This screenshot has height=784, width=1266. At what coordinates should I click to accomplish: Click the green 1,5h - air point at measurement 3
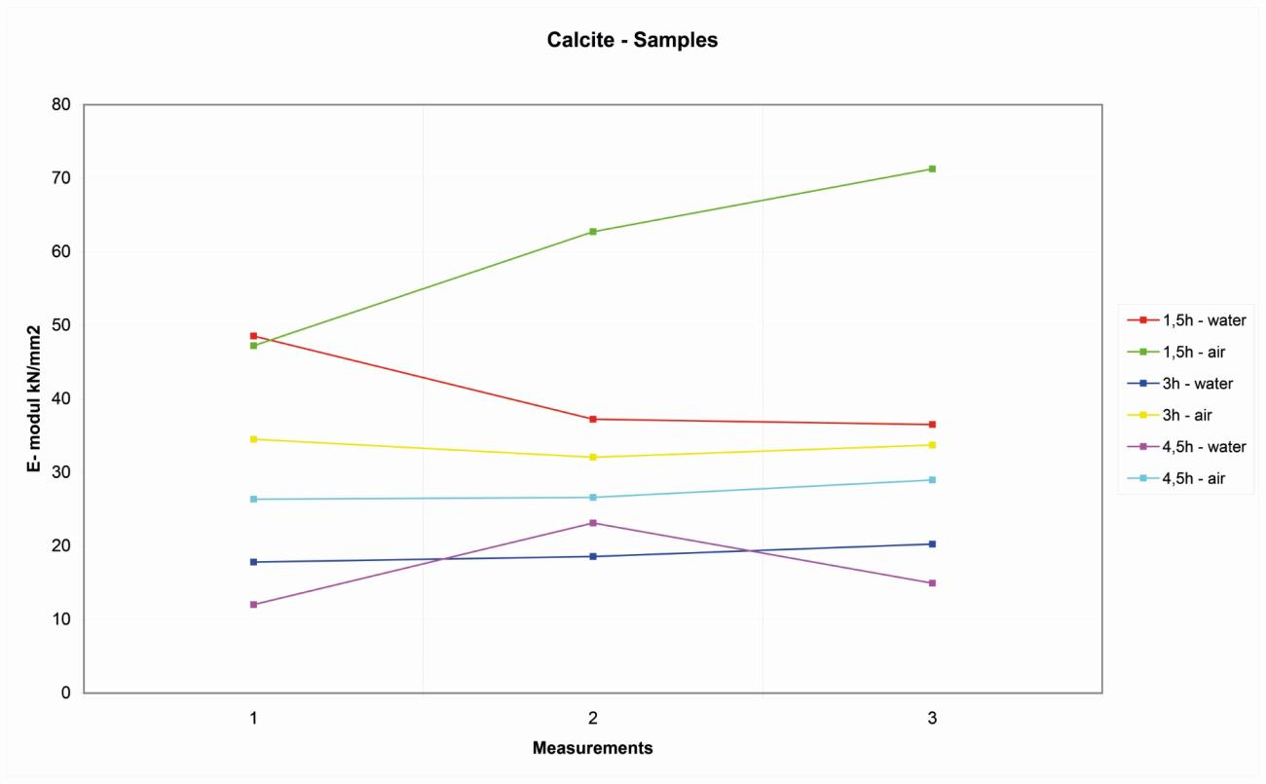932,169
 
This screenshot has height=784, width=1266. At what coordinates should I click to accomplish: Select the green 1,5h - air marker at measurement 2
592,232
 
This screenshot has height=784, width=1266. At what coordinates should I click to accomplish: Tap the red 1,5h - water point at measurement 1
253,336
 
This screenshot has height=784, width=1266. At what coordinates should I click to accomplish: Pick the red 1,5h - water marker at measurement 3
932,425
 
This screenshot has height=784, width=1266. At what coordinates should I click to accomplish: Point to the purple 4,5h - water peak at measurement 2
592,523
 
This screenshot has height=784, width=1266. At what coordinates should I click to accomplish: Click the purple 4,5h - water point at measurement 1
253,605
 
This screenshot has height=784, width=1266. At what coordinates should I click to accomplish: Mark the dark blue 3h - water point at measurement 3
932,544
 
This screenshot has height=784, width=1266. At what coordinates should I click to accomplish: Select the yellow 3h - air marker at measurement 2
592,458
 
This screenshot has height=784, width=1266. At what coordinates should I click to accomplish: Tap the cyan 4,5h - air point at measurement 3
932,480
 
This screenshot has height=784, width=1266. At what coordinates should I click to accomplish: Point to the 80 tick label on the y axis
61,104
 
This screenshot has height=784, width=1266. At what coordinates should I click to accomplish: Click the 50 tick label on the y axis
61,325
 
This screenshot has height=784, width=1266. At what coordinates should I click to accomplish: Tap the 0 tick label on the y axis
66,693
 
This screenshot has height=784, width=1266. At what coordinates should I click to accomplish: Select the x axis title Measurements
592,749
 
